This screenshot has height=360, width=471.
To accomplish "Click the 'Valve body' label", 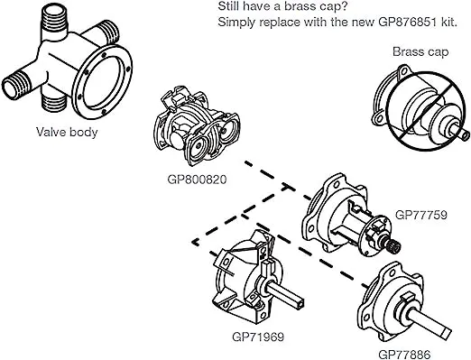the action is coord(67,133).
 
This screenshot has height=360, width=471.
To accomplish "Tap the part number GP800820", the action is coord(197,180).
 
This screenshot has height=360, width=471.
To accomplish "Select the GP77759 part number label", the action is coord(420,215).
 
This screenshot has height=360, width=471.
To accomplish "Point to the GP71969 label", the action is coord(258,337).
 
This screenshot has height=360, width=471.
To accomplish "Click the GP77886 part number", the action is coord(404,355).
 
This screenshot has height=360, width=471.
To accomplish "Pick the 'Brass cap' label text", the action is coord(420,52).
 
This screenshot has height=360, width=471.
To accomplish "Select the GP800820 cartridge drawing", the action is coord(197,126).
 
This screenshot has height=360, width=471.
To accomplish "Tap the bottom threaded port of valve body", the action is coord(54,104).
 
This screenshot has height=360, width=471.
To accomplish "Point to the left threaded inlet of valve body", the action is coord(17,86).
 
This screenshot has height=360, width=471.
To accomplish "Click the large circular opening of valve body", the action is coord(103,81).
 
